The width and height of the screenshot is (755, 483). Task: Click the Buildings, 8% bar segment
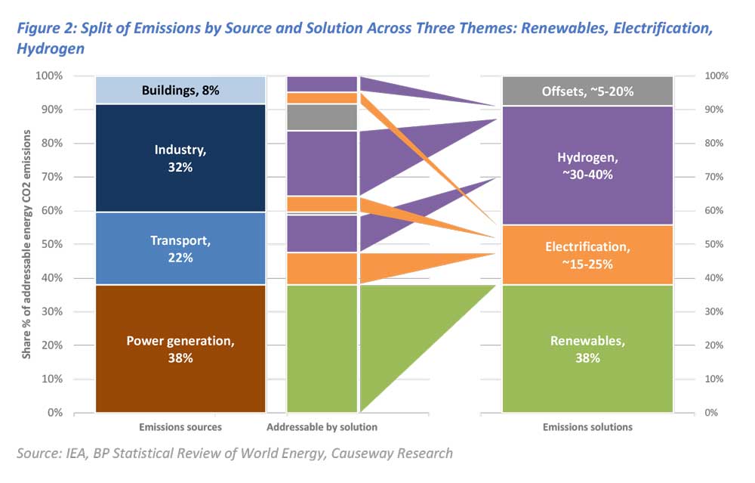pos(180,91)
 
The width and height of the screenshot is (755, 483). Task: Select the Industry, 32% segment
pos(180,159)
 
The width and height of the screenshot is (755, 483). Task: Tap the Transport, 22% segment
pos(180,249)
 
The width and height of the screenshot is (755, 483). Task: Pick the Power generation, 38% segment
pos(180,348)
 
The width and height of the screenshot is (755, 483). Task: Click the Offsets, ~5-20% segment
pos(587,91)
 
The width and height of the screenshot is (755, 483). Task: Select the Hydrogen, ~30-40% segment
pos(587,166)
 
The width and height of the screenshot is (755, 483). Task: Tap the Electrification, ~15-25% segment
pos(587,255)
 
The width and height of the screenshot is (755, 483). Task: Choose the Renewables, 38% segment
pos(587,348)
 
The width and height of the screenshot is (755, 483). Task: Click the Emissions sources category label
pos(180,427)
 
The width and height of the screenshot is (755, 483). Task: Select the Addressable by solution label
pos(322,427)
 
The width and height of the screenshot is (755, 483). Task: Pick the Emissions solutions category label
pos(587,427)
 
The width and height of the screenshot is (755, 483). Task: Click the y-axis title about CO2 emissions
pos(27,243)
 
